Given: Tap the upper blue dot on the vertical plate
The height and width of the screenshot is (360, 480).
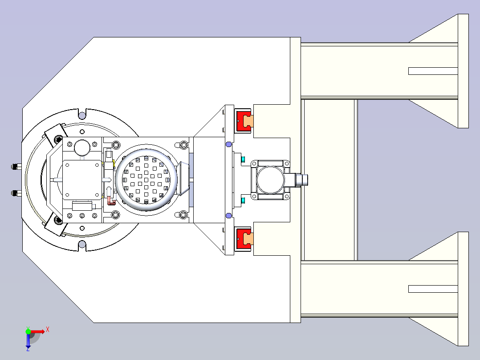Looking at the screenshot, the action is (229, 144).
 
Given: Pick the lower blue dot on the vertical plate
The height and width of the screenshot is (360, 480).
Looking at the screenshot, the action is (229, 216).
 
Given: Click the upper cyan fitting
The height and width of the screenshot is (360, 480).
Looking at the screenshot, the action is (243, 160).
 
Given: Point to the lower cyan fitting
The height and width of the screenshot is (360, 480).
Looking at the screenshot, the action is (243, 200).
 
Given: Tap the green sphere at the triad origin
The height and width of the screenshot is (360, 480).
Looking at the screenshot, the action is (28, 331).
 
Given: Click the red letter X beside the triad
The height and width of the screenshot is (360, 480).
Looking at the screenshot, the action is (48, 330).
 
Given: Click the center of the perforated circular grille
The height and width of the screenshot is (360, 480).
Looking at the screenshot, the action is (146, 180).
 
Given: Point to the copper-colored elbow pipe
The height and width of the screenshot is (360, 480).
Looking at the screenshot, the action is (111, 200).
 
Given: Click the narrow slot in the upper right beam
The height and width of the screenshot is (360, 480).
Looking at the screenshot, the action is (433, 71).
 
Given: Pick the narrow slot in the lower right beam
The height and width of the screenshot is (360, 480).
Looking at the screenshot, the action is (433, 289).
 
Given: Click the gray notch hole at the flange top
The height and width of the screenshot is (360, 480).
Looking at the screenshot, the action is (82, 115).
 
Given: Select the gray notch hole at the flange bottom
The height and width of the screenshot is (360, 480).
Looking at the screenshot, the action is (82, 244).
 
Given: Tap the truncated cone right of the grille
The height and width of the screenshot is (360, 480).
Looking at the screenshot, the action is (183, 179).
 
